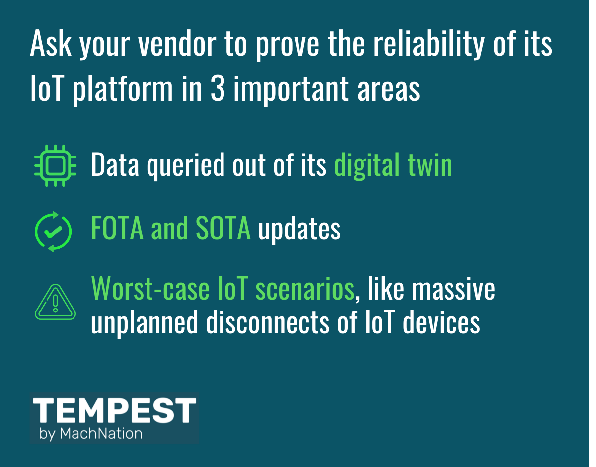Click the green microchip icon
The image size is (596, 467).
coord(56,165)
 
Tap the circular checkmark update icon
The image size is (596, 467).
coord(53,232)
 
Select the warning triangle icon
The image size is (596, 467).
coord(56,302)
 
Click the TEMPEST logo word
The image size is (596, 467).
coord(114,410)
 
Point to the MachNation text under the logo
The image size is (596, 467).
coord(101,434)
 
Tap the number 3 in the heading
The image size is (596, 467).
coord(218,88)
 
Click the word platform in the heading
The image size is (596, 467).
coord(123,89)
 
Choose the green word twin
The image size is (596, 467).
coord(430,164)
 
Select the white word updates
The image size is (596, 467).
coord(299,230)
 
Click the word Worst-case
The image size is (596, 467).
coord(150,288)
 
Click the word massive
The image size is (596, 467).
coord(454,288)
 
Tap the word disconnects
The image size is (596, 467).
coord(267,321)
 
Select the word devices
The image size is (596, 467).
coord(442,321)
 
